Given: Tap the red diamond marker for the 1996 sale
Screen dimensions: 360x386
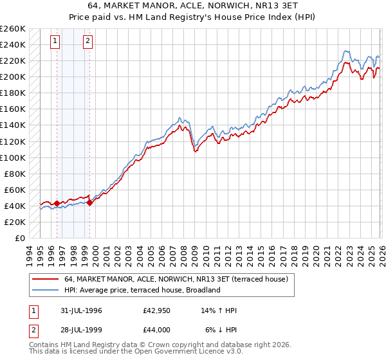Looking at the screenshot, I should pos(57,203).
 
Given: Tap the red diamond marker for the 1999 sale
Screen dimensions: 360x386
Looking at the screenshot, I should pos(89,203).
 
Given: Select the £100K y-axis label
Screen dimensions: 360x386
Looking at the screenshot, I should pos(13,157).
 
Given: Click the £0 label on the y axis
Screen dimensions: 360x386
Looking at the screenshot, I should pos(19,238).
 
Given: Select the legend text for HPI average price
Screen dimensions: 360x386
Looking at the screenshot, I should pos(142,290).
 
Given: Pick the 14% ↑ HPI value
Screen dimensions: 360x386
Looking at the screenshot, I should pos(220,310).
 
